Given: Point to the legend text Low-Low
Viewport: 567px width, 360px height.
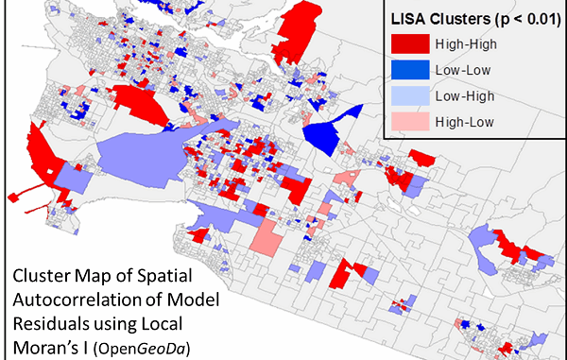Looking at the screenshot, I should coord(464,70).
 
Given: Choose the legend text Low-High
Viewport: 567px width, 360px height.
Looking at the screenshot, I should coord(464,95).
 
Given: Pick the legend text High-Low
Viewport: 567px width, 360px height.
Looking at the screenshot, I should coord(464,121).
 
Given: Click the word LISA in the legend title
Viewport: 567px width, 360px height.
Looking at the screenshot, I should coord(409,17).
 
